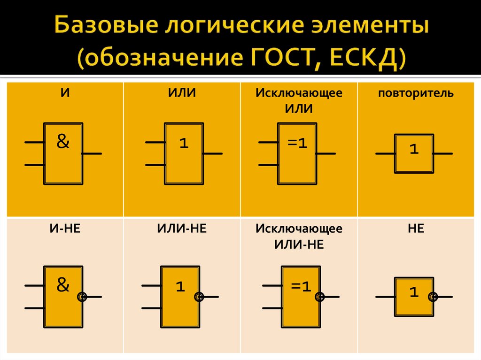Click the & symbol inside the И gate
coord(63,141)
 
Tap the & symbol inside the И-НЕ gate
coord(63,284)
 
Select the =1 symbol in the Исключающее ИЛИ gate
coord(297,143)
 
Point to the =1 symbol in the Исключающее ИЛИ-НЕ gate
coord(301,286)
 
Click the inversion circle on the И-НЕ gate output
coord(82,297)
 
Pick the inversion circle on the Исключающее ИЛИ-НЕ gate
coord(320,297)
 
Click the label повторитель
coord(416,93)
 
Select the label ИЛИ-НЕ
coord(182,229)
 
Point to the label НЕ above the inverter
coord(416,229)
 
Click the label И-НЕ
coord(65,229)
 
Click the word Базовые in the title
coord(98,27)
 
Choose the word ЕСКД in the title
coord(366,60)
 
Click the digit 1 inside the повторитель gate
coord(413,149)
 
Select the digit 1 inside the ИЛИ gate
coord(183,144)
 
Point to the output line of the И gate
coord(92,153)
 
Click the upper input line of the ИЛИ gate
coord(155,142)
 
